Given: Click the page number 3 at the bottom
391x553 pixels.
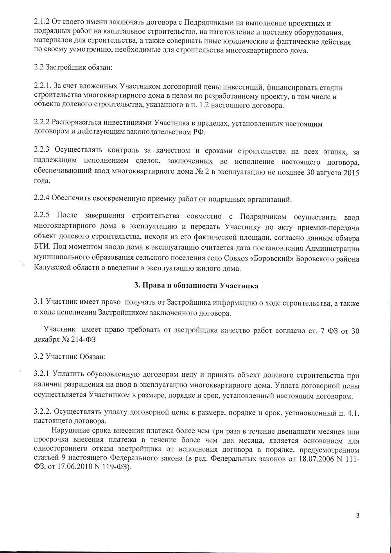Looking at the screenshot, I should tap(357, 515).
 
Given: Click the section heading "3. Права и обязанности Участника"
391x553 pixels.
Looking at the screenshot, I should tap(196, 285).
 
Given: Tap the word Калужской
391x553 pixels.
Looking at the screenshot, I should tap(52, 268).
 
